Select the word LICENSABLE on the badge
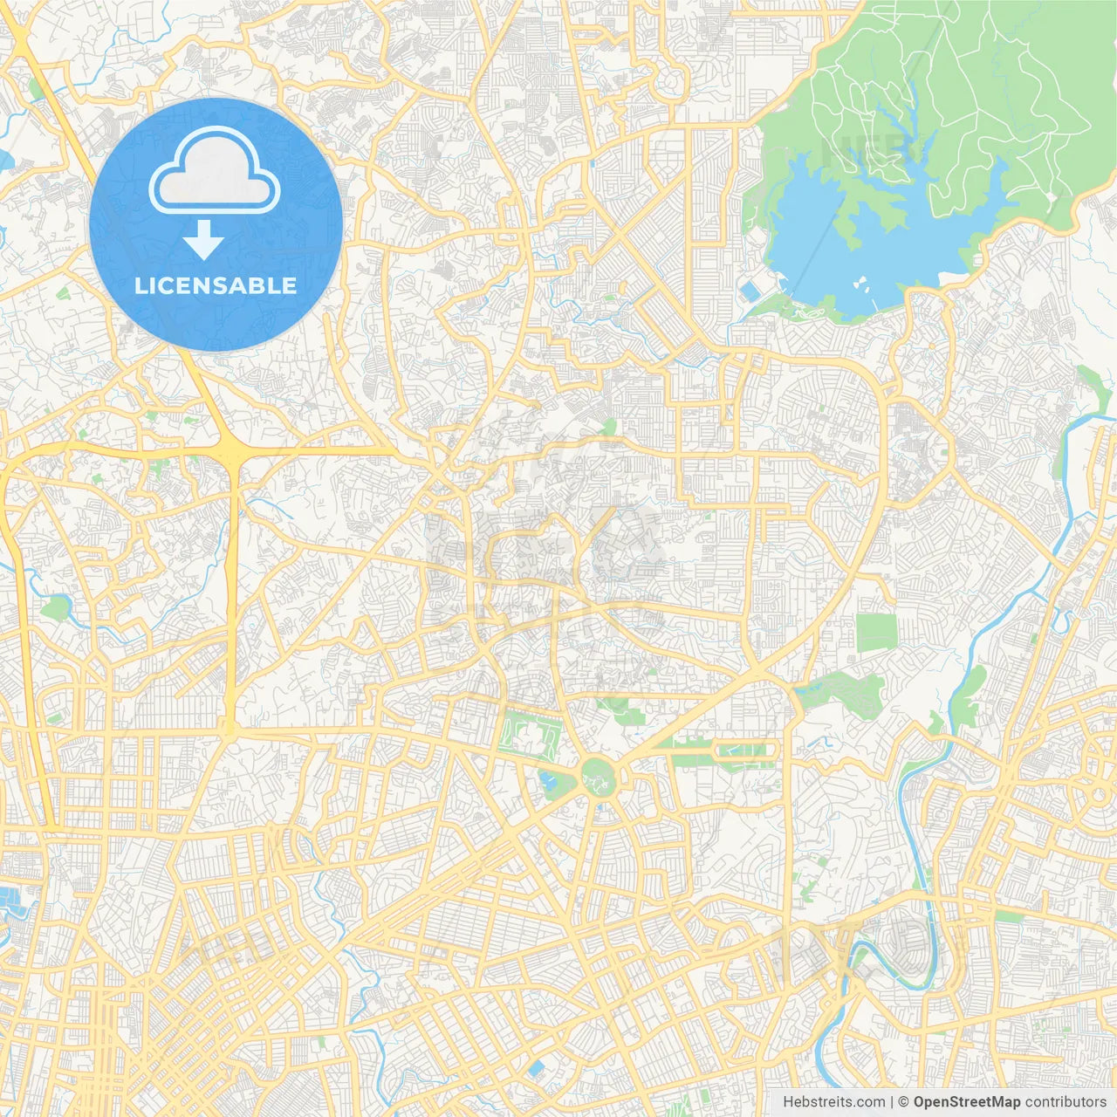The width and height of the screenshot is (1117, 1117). tap(216, 285)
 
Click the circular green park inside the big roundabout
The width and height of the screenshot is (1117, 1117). tap(599, 775)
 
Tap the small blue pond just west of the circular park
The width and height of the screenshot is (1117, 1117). tap(549, 780)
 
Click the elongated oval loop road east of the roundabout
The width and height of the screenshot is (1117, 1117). tap(745, 750)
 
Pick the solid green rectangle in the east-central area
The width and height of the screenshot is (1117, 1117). tap(876, 633)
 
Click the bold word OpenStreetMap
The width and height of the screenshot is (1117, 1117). tap(966, 1102)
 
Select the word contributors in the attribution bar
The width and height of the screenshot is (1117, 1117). tap(1066, 1102)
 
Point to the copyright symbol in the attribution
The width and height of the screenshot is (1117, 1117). tap(904, 1102)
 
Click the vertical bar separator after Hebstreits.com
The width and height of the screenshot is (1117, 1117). tap(890, 1102)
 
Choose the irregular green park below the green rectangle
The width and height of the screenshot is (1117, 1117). tap(838, 689)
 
